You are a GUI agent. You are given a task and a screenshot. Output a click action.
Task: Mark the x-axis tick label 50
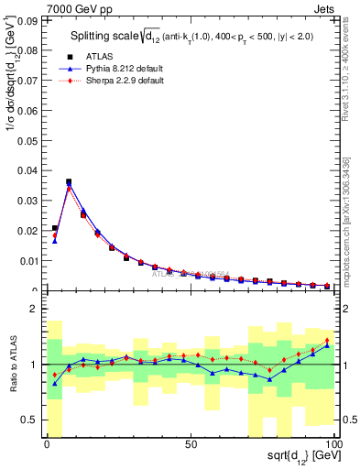click(191, 444)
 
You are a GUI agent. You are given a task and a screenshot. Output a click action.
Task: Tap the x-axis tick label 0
click(47, 444)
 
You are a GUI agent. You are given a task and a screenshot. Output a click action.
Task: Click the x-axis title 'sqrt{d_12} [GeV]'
click(301, 457)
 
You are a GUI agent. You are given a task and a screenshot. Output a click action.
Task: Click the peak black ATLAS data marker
click(69, 182)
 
